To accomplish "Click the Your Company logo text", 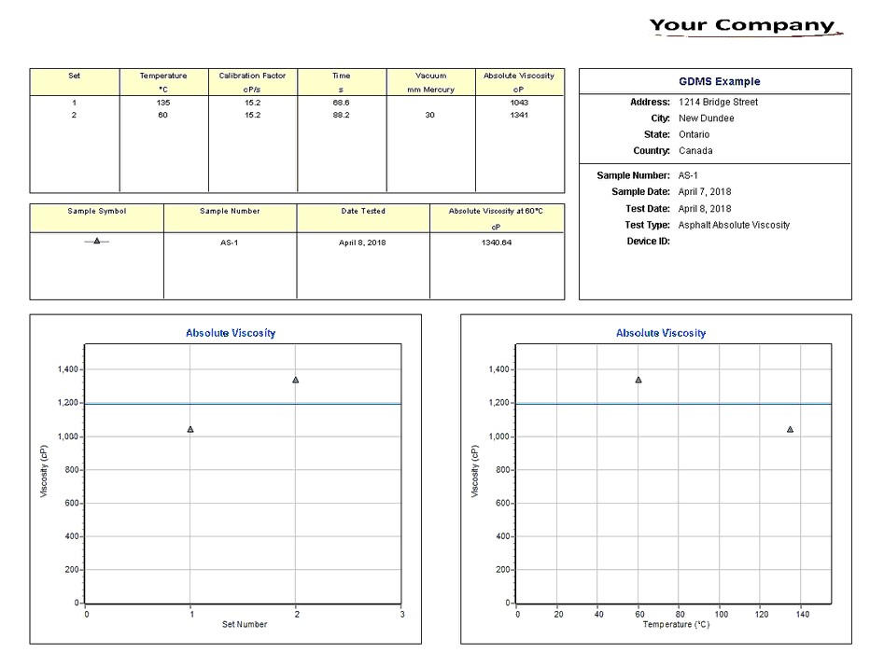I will point(742,25).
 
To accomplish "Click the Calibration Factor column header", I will point(252,76).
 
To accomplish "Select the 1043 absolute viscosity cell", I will point(519,102).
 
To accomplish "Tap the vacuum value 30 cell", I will point(429,115).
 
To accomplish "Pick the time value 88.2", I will point(341,115).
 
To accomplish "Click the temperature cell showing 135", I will point(163,102).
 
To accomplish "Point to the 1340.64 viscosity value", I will point(496,243).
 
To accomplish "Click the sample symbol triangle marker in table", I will point(96,241).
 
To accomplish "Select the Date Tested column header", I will point(362,211).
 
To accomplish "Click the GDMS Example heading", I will point(719,81).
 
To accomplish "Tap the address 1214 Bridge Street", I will point(718,102).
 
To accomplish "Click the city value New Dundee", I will point(706,118).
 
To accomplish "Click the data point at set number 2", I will point(296,380).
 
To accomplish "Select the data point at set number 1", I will point(190,429).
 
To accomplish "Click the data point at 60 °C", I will point(638,380).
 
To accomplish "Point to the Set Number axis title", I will point(244,624).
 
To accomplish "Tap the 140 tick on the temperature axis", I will point(802,614).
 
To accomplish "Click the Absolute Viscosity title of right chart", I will point(661,333).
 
